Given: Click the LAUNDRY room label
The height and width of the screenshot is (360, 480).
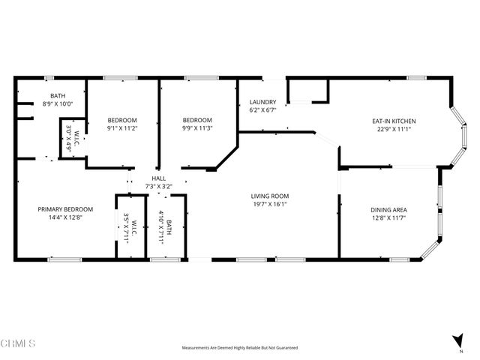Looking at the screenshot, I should coord(263,102).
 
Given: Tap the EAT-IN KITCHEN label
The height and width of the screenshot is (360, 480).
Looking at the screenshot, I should coord(394,121).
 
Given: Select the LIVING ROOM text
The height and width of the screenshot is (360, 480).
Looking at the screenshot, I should coord(269,196).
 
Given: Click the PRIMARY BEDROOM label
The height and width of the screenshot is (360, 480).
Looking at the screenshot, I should coord(65,209).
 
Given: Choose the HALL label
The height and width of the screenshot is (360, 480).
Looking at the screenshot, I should coord(159,178).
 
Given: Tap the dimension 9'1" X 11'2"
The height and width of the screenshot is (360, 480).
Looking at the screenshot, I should coord(122,128).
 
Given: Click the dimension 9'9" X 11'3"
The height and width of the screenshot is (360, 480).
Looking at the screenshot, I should coord(197,128).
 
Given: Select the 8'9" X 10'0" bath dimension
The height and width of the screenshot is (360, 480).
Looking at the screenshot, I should coord(58,103).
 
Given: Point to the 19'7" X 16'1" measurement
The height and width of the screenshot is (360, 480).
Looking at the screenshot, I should coord(269,204).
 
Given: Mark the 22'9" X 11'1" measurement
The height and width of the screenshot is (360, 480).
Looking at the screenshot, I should coord(394,129).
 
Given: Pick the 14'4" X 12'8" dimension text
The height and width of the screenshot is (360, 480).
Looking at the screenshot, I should coord(65,217).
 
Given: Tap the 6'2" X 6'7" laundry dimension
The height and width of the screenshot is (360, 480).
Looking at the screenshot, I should coord(263,110).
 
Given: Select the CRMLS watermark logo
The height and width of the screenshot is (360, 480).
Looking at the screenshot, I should coord(19,344).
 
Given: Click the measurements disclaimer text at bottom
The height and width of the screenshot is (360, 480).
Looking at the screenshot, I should coord(240,348).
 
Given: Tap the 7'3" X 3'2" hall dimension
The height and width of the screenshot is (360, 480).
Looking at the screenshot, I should coord(159,186).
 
